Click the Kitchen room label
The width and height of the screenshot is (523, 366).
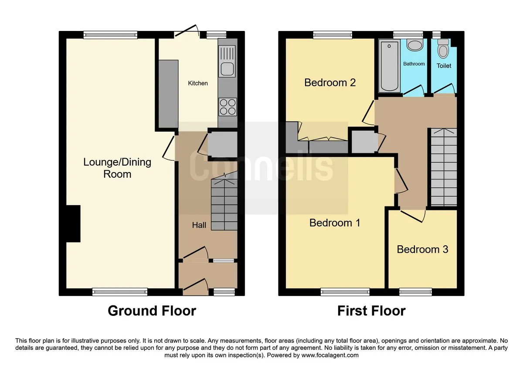coord(198,83)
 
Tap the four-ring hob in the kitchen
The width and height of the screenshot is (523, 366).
coord(228,107)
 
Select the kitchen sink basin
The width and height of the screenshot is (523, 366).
coord(227,69)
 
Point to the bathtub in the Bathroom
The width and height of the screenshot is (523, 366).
coord(389,66)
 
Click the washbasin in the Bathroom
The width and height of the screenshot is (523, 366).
coord(415,45)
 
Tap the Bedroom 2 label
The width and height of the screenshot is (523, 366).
coord(330,83)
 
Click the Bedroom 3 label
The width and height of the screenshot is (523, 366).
coord(422,250)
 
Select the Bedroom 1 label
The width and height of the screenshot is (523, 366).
coord(335,223)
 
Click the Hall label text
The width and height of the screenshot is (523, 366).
coord(199,225)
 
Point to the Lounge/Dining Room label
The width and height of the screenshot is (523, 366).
coord(117,168)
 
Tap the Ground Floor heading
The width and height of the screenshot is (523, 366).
coord(152,311)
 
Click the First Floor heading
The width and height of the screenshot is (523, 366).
coord(371,311)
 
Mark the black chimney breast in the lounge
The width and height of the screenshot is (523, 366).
coord(73,224)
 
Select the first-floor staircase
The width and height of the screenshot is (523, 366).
coord(444,167)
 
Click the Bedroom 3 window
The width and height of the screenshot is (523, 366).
coord(415,292)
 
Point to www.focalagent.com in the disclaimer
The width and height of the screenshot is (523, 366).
coord(330,355)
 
